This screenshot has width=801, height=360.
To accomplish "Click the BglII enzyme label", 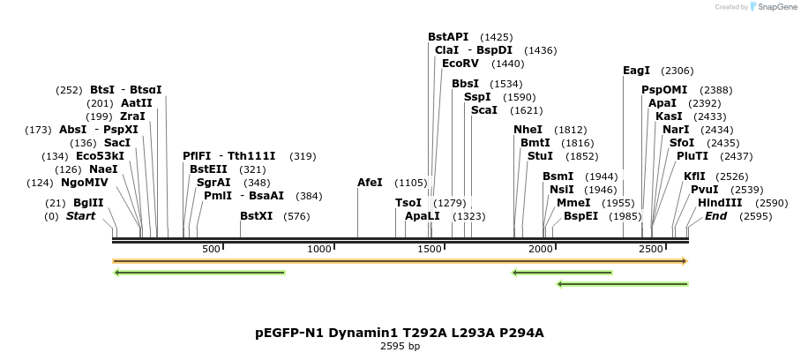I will coord(88,203).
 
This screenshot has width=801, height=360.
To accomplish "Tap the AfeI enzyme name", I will coord(370,183).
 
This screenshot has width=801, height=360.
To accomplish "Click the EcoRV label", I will coord(460,64).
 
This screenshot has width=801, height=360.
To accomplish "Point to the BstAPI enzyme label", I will coord(448,37).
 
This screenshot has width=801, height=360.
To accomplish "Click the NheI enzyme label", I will coord(528,130).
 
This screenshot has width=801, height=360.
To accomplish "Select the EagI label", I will coord(636,71).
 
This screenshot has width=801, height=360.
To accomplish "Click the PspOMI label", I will coord(664,90).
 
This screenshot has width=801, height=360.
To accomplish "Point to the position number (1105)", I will coord(411,183).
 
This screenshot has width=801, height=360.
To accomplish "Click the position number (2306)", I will coord(677,71).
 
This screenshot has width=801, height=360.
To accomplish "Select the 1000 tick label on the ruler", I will coord(320,250).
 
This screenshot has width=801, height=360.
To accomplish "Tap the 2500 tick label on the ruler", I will coord(651,250).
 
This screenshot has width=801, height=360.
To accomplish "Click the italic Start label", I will coord(80,216).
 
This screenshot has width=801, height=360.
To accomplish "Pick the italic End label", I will coord(715,216).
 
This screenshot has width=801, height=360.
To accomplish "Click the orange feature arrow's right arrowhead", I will coord(683,261).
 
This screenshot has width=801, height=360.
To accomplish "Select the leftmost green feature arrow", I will coord(199,273).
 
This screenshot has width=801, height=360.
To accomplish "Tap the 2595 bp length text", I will coord(400,347).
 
